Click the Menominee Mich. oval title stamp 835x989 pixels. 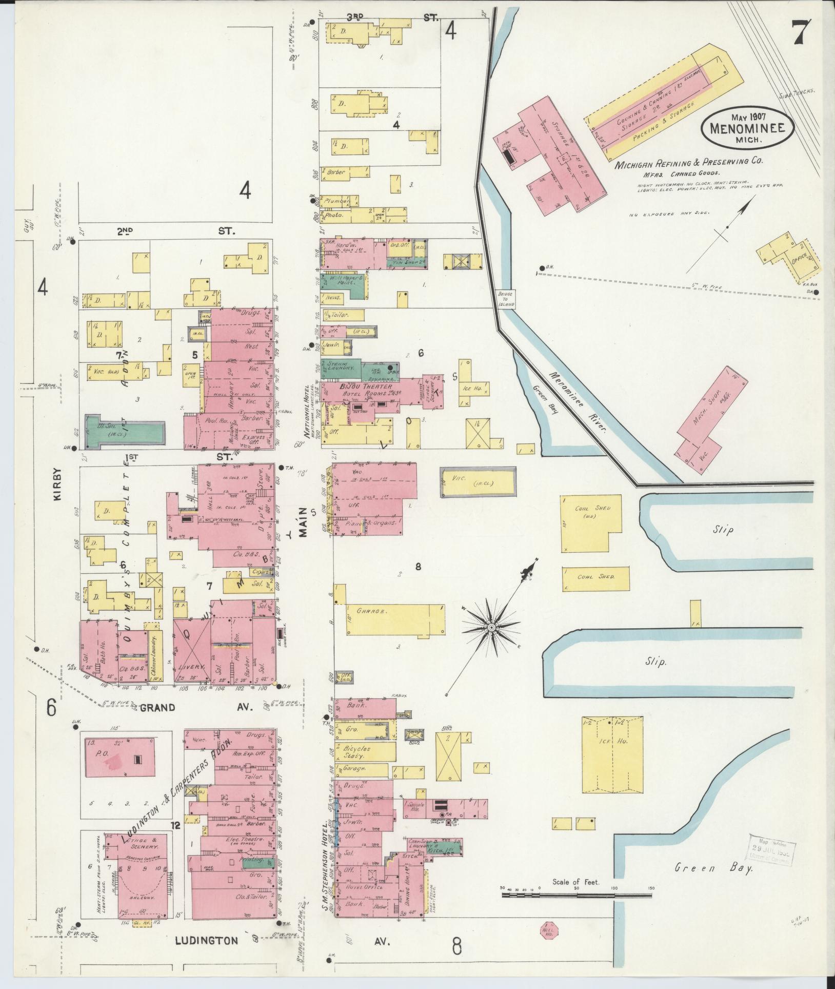(x=747, y=127)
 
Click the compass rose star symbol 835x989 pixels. (x=491, y=627)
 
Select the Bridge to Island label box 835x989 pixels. (x=506, y=298)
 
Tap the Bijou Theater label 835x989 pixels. (x=366, y=386)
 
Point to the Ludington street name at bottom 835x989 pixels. (x=207, y=941)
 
